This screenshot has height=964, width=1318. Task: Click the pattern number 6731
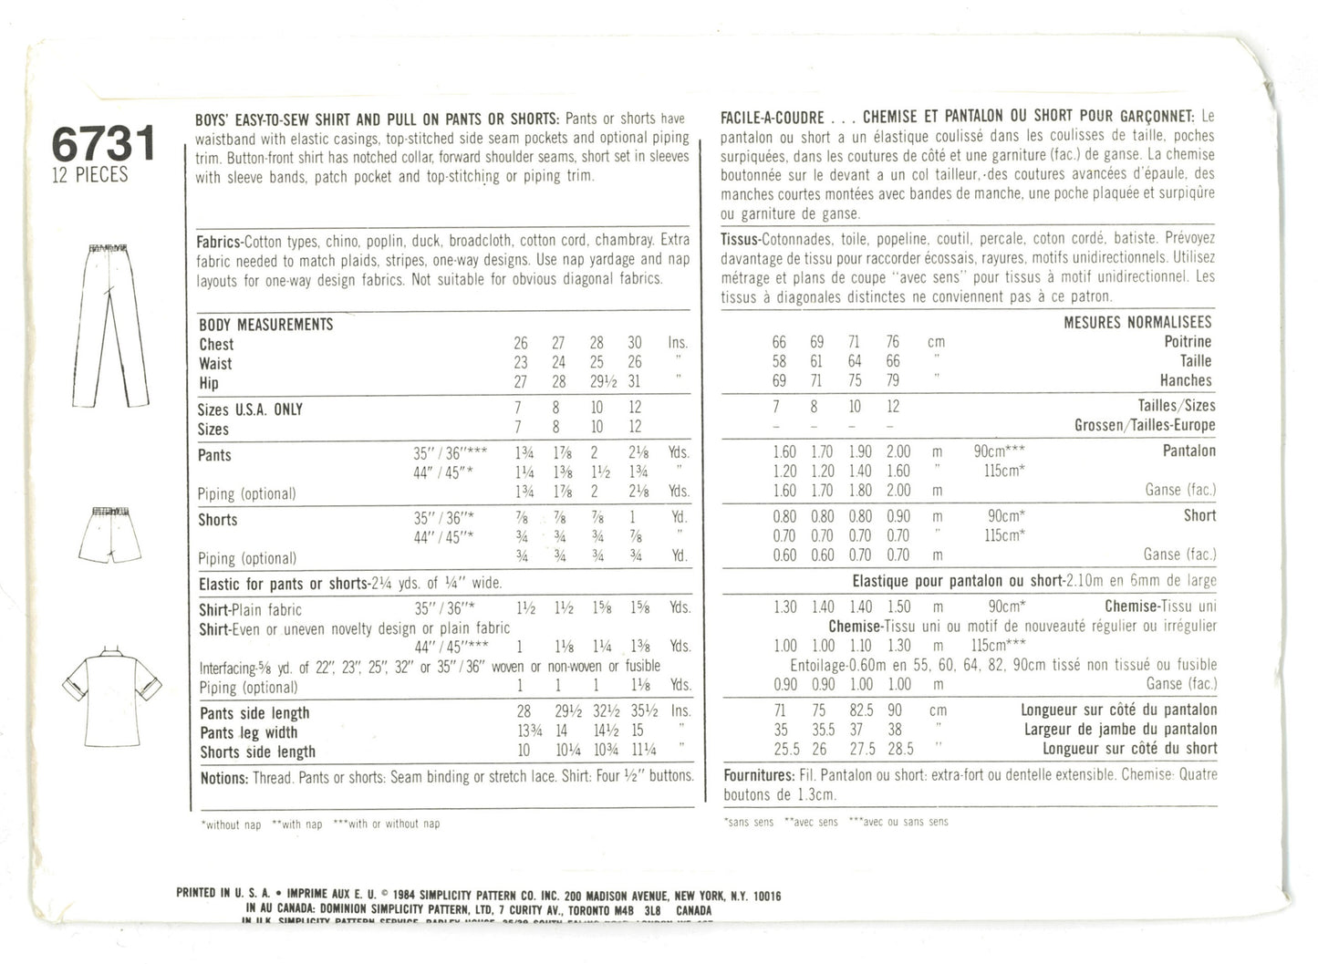[x=104, y=144]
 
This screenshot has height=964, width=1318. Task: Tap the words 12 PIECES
[x=89, y=175]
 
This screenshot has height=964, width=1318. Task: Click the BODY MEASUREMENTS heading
[x=265, y=325]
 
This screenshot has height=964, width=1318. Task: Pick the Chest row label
[x=216, y=344]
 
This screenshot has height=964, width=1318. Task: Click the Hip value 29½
[x=597, y=383]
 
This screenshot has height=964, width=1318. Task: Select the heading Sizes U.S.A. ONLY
[x=250, y=409]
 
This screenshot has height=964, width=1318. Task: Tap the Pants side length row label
[x=254, y=713]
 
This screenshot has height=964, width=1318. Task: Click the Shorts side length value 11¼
[x=635, y=752]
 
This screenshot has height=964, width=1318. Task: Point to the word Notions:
[x=223, y=778]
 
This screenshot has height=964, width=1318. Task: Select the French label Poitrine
[x=1188, y=342]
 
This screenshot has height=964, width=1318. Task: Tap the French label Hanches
[x=1186, y=380]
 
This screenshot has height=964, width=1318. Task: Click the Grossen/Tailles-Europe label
[x=1144, y=425]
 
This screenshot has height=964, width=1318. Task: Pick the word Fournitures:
[x=758, y=775]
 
